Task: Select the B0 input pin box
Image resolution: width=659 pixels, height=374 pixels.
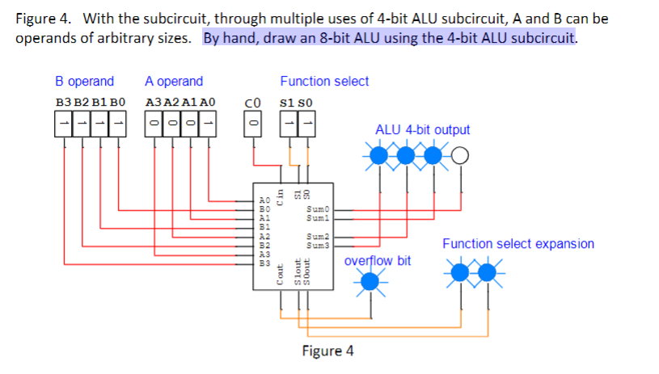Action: pyautogui.click(x=119, y=123)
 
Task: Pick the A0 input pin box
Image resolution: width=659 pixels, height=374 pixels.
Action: pyautogui.click(x=209, y=123)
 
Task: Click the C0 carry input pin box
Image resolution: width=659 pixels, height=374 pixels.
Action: pyautogui.click(x=252, y=123)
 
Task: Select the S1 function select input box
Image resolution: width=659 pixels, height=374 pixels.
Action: pyautogui.click(x=287, y=123)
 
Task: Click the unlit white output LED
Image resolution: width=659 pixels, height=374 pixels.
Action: pyautogui.click(x=459, y=155)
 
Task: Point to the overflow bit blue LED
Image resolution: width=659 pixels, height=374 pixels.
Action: pyautogui.click(x=370, y=280)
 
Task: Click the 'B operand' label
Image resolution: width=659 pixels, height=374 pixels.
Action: pyautogui.click(x=84, y=82)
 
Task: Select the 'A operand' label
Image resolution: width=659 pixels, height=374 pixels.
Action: pyautogui.click(x=174, y=82)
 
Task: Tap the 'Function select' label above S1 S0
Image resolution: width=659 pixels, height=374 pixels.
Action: pyautogui.click(x=324, y=82)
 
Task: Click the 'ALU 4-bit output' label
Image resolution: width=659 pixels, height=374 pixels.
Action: pyautogui.click(x=422, y=130)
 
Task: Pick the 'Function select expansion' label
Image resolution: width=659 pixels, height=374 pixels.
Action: pyautogui.click(x=517, y=244)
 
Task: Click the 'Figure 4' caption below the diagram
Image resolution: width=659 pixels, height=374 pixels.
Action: pyautogui.click(x=327, y=351)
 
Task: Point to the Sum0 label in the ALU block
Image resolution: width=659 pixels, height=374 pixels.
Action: pyautogui.click(x=315, y=208)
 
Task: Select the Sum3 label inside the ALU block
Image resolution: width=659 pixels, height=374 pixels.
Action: pyautogui.click(x=315, y=242)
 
